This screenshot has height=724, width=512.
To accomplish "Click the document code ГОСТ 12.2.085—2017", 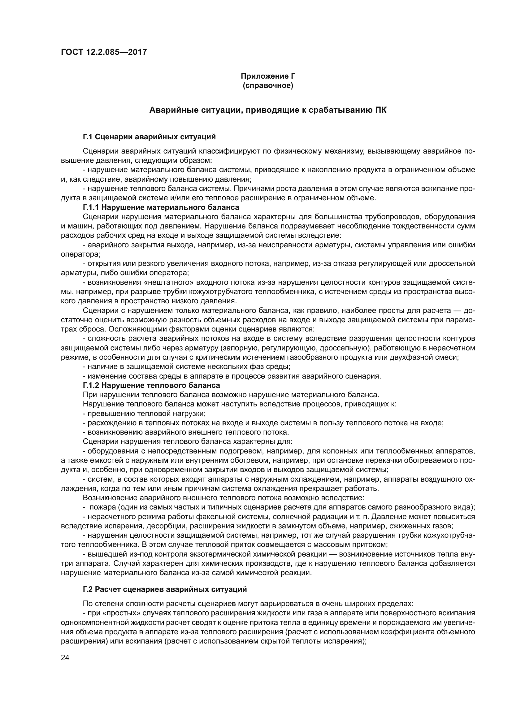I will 104,52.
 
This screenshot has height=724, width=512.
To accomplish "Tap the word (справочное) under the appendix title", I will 268,85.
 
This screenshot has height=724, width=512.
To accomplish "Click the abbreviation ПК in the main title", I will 380,110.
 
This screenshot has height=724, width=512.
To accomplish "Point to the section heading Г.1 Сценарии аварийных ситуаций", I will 149,137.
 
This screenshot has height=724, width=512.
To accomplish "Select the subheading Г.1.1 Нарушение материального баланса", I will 161,207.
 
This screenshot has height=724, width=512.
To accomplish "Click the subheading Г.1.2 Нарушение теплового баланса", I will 151,385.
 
